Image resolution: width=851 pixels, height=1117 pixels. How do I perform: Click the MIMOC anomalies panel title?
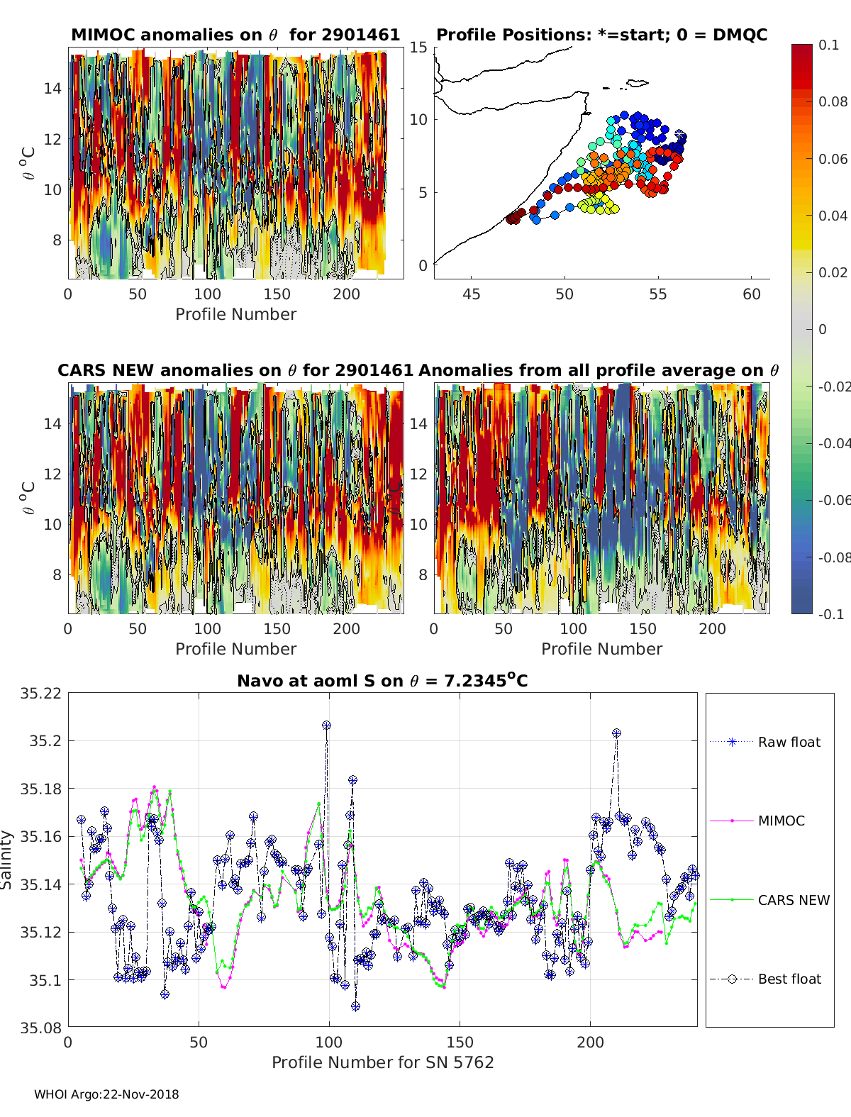(235, 35)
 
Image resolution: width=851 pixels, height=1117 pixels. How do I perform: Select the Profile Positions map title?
(601, 35)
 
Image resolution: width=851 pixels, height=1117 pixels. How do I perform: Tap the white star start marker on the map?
(680, 134)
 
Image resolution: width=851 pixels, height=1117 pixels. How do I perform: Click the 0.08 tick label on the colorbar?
(833, 101)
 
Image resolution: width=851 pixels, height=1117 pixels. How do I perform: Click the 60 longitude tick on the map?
(752, 294)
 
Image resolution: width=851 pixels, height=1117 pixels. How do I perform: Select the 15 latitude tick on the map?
(418, 48)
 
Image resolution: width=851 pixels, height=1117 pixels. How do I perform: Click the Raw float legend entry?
(789, 742)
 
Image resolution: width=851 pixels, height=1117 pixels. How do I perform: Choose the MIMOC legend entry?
(781, 821)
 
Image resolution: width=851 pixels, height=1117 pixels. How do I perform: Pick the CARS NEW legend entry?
(793, 900)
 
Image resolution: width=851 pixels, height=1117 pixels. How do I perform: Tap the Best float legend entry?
(789, 979)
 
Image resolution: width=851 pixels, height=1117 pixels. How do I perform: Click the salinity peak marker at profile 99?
(326, 726)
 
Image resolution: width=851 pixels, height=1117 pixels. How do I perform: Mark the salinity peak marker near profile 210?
(616, 733)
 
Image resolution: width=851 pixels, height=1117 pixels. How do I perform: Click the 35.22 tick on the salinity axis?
(40, 693)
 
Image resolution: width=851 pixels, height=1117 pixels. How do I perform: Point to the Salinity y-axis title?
(7, 860)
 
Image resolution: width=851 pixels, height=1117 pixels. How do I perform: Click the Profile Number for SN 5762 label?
(382, 1062)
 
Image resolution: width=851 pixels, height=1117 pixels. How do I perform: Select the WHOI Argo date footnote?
(106, 1094)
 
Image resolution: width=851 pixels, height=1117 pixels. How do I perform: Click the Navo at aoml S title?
(382, 681)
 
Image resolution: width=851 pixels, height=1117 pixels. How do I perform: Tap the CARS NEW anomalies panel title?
(235, 370)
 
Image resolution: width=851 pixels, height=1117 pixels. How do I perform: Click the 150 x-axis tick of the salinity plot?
(460, 1042)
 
